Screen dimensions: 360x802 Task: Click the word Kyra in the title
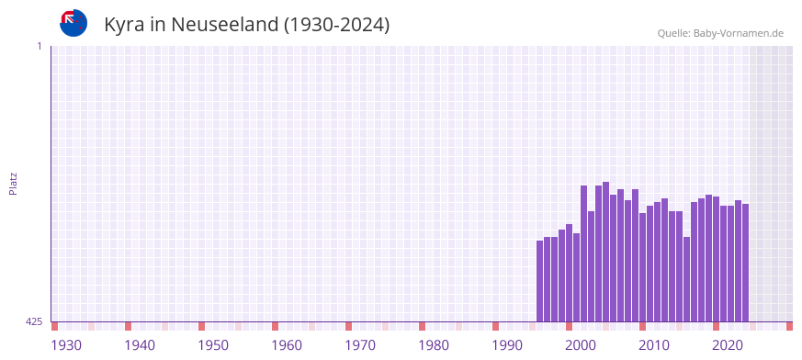(124, 25)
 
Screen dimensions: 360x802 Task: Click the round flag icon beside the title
(73, 23)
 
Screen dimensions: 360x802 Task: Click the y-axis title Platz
(13, 183)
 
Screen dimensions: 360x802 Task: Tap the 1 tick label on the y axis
(39, 46)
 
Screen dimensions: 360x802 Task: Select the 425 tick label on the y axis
(34, 321)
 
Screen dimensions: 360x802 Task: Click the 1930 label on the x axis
(66, 345)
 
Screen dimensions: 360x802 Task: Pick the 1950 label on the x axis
(213, 345)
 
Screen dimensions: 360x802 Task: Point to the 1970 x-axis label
(360, 345)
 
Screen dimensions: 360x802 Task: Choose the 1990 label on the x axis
(507, 345)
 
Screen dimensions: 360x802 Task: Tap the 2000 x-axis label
(581, 345)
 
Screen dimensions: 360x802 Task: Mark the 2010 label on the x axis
(654, 345)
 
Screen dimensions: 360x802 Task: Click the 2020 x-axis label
(728, 345)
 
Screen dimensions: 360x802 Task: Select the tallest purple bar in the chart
(605, 252)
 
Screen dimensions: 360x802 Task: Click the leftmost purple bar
(539, 281)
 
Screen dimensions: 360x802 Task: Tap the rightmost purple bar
(745, 263)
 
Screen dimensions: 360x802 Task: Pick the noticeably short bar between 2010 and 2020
(686, 279)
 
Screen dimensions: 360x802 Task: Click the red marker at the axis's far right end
(789, 326)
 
